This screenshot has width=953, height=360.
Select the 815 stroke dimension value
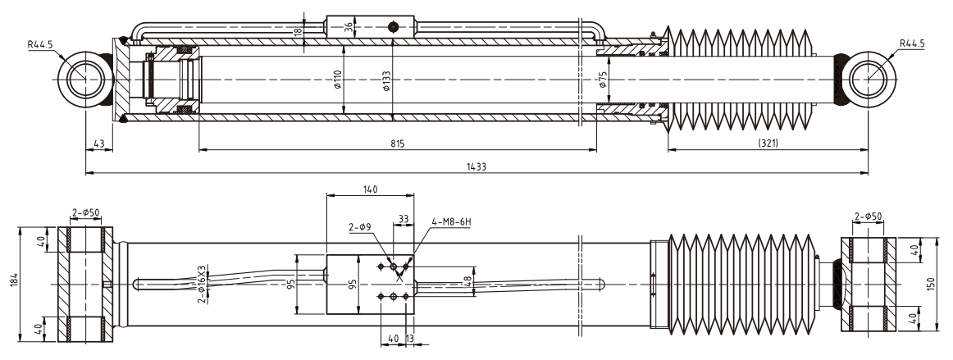click(398, 144)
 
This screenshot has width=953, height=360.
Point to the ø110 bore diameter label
click(337, 81)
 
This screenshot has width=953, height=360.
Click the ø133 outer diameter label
click(385, 81)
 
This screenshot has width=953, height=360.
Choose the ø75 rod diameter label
click(602, 81)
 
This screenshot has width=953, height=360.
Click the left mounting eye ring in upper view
click(84, 80)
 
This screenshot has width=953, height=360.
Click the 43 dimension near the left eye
click(99, 144)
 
